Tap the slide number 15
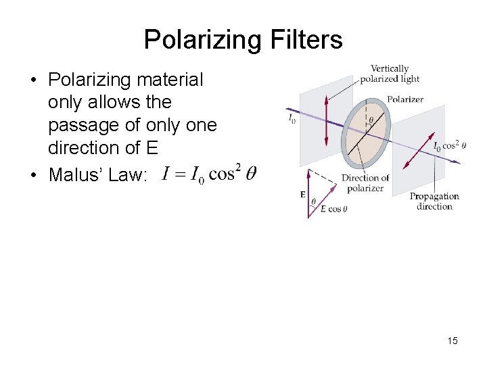[453, 341]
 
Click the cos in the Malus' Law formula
[222, 174]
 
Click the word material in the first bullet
[170, 80]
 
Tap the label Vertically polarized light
[390, 74]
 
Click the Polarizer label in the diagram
[405, 99]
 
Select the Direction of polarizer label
[365, 183]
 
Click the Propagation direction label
[434, 201]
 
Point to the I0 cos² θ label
[449, 146]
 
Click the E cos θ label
[334, 210]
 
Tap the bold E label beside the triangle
[302, 195]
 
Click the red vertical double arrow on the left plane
[326, 121]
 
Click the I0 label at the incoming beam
[292, 120]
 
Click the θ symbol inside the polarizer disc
[370, 121]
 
